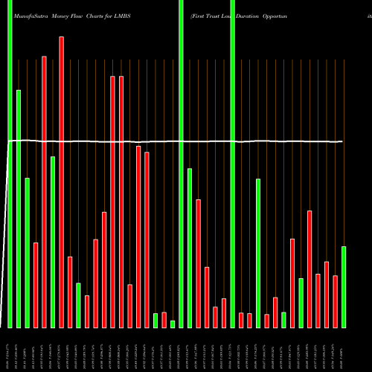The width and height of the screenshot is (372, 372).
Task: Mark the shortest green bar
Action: (x=173, y=324)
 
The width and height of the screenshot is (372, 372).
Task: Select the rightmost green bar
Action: (x=344, y=286)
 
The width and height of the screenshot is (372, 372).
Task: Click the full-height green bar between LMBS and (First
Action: (x=182, y=164)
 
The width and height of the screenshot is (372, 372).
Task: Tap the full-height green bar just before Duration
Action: (x=232, y=164)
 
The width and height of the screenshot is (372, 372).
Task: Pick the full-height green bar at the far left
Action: (x=10, y=164)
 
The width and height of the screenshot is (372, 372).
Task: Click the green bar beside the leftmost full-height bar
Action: (x=19, y=208)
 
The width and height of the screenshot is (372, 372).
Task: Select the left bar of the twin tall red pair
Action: (x=112, y=201)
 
